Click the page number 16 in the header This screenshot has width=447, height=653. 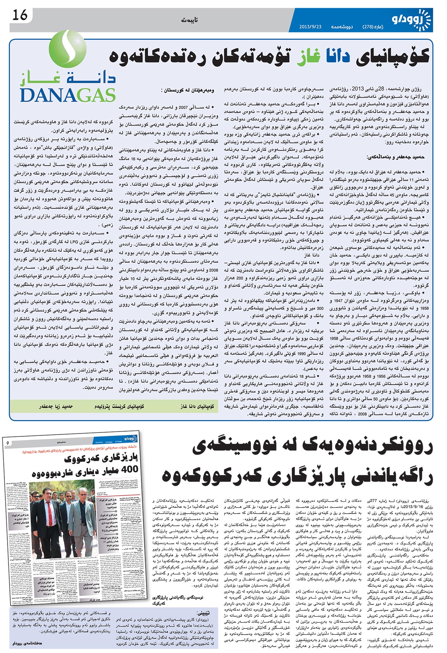[20, 15]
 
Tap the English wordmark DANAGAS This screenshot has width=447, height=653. [68, 95]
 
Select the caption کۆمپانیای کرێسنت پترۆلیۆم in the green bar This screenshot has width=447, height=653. [119, 407]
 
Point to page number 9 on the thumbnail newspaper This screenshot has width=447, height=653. [8, 443]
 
